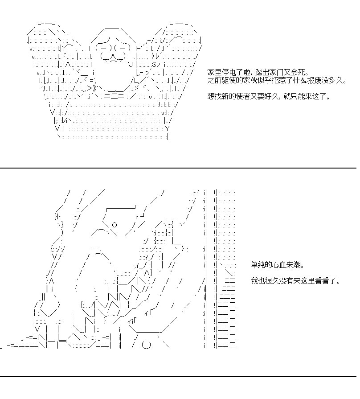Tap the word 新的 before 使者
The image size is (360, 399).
pyautogui.click(x=225, y=96)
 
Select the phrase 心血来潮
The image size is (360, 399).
pyautogui.click(x=286, y=265)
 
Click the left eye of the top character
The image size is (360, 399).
pyautogui.click(x=103, y=48)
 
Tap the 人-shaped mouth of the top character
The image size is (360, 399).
pyautogui.click(x=113, y=56)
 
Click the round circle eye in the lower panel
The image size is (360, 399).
pyautogui.click(x=115, y=225)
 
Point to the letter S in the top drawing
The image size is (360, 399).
pyautogui.click(x=154, y=64)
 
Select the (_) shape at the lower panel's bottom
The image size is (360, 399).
pyautogui.click(x=146, y=345)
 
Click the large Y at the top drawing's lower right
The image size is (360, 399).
pyautogui.click(x=167, y=128)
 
